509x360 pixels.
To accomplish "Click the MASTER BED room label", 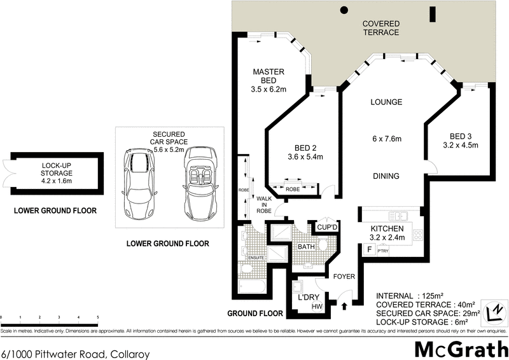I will [268, 71].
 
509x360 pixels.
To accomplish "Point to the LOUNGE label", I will [386, 102].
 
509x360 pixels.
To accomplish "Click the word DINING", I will [386, 176].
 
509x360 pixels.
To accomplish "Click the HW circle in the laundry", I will [316, 307].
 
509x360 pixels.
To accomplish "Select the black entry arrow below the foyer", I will [345, 307].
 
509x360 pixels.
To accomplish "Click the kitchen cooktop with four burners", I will [418, 235].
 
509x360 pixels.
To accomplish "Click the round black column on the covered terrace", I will [344, 10].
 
